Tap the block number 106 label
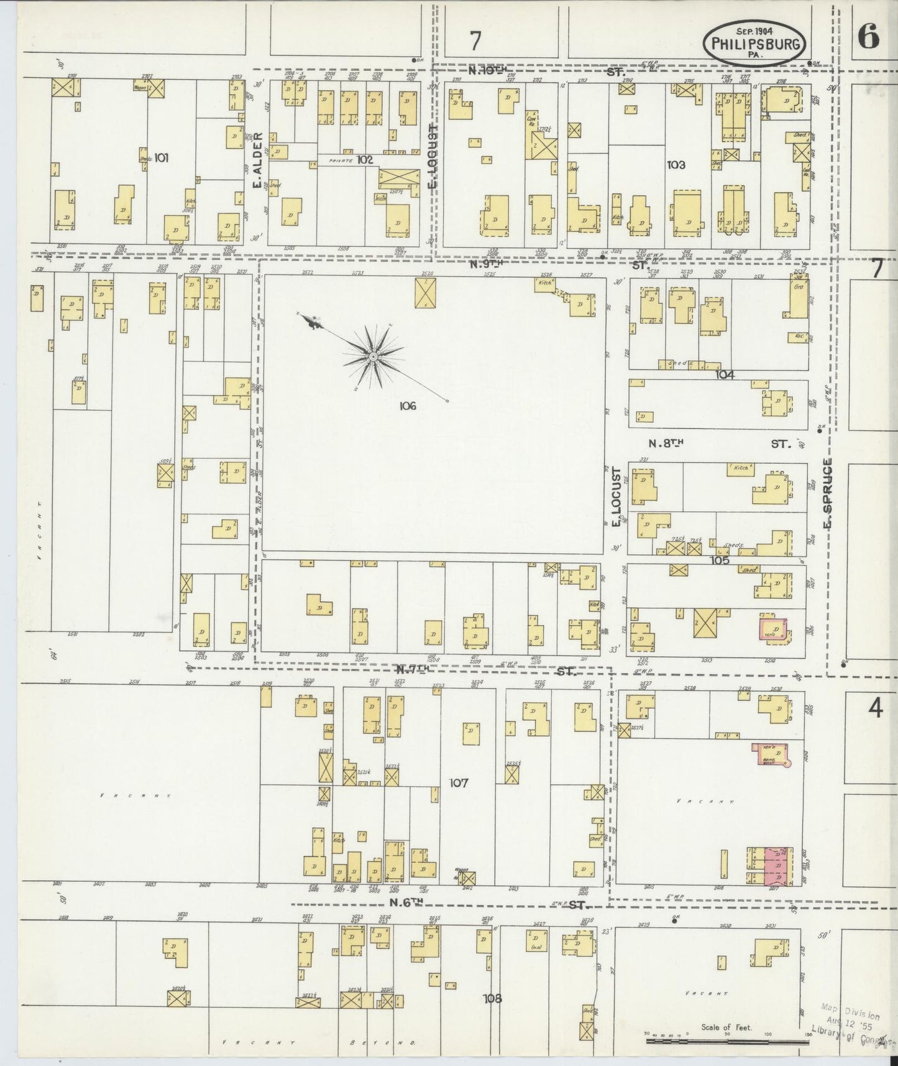(408, 406)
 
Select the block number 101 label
(161, 158)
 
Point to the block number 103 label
(676, 165)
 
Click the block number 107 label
(458, 783)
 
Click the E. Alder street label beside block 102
(255, 160)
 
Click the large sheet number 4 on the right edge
(875, 708)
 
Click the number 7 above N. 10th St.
(475, 41)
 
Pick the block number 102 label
(365, 159)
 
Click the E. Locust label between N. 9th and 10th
(433, 155)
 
